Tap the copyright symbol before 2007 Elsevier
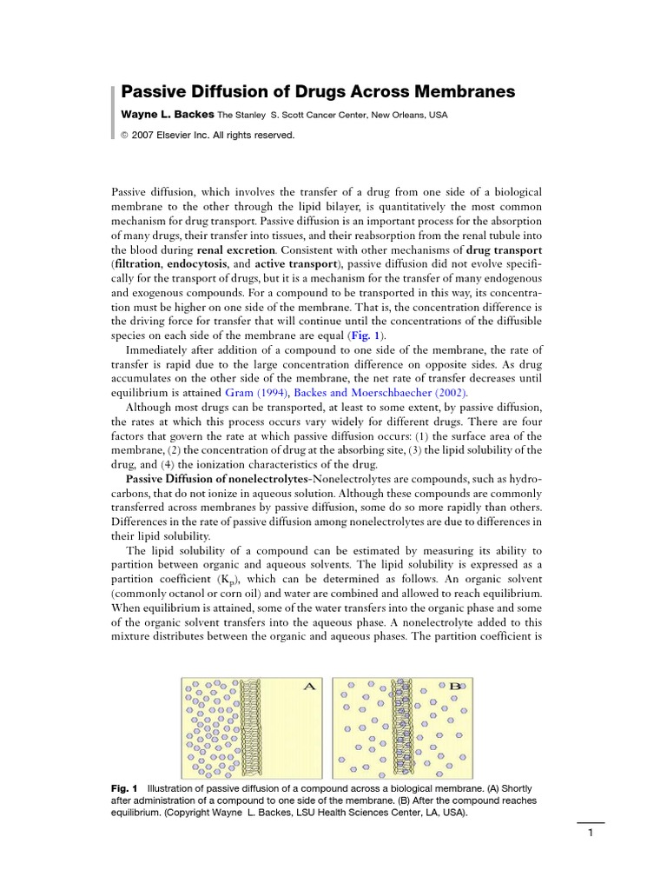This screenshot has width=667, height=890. click(x=124, y=136)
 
